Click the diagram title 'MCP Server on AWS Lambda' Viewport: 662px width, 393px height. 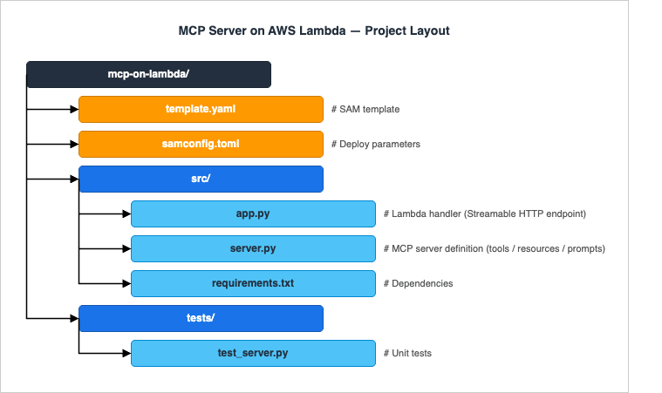coord(314,31)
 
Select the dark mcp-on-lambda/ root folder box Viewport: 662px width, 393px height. coord(148,75)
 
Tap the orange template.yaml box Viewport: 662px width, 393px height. coord(201,109)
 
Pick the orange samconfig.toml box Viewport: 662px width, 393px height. coord(201,144)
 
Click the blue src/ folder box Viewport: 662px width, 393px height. coord(201,179)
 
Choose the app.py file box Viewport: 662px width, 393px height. coord(253,213)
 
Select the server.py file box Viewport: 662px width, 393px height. coord(253,248)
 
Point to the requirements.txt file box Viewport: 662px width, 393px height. coord(253,283)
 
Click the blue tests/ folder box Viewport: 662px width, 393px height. coord(201,318)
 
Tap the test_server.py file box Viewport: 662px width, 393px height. coord(253,353)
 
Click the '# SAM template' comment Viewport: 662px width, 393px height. coord(365,109)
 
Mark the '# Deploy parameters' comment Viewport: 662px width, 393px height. coord(376,144)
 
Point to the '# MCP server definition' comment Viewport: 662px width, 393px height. coord(494,248)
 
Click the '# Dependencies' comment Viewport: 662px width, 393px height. coord(418,283)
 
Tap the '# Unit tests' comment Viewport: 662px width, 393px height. coord(407,353)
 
